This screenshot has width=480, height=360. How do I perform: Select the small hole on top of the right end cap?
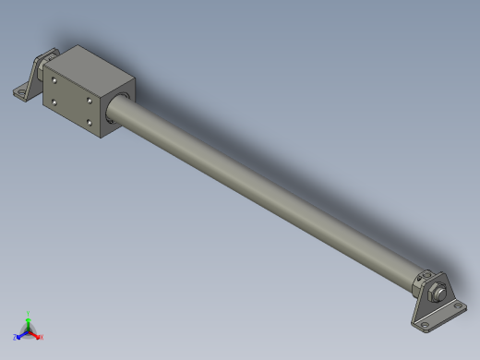click(426, 273)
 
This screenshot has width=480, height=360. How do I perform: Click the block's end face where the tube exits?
click(117, 106)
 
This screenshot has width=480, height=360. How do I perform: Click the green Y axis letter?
click(29, 314)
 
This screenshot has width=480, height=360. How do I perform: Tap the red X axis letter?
click(42, 337)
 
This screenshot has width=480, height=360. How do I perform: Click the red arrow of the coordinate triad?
click(36, 334)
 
